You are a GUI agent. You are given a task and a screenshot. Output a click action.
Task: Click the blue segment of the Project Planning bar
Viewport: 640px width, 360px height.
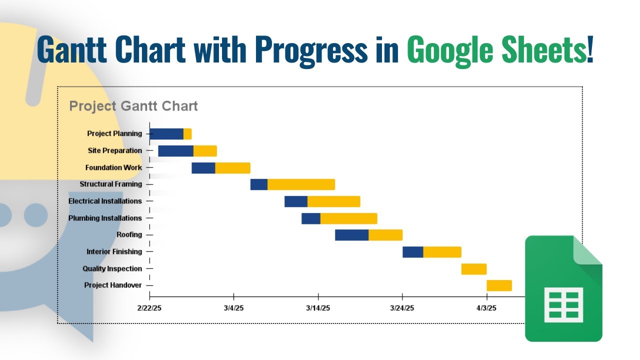point(166,134)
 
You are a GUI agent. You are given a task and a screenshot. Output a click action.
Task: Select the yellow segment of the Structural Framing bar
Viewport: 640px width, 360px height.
point(301,184)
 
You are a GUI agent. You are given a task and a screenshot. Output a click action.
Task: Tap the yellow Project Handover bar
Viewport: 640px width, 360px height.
point(499,285)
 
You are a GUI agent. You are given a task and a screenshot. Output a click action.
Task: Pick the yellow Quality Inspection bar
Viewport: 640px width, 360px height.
point(473,269)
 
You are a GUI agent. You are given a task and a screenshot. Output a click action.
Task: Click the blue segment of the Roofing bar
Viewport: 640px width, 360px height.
point(351,235)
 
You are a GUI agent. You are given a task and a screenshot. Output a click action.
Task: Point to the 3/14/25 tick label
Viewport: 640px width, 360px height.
point(318,308)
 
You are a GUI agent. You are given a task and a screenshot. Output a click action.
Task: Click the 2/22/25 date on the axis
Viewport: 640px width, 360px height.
point(149,308)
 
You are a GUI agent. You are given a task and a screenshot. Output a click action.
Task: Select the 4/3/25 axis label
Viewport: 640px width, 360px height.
point(486,308)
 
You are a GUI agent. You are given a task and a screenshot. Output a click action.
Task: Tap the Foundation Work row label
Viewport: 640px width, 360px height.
point(113,167)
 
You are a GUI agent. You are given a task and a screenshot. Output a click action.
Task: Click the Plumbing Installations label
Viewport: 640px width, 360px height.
point(105,218)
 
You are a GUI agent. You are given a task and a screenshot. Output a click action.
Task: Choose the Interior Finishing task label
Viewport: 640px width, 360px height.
point(114,252)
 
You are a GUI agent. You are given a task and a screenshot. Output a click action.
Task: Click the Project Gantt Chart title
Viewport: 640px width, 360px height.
point(133,106)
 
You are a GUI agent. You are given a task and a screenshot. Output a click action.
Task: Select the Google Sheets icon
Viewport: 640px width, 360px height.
point(563,288)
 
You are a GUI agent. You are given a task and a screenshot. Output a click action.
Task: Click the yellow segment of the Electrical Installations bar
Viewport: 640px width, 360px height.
point(333,201)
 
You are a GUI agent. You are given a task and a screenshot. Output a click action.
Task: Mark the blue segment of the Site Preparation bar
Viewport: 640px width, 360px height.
point(175,151)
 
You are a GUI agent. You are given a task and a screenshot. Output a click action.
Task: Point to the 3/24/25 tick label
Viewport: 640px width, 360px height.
point(402,308)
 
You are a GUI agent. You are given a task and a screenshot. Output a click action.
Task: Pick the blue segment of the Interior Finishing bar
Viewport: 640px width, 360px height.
point(412,252)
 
